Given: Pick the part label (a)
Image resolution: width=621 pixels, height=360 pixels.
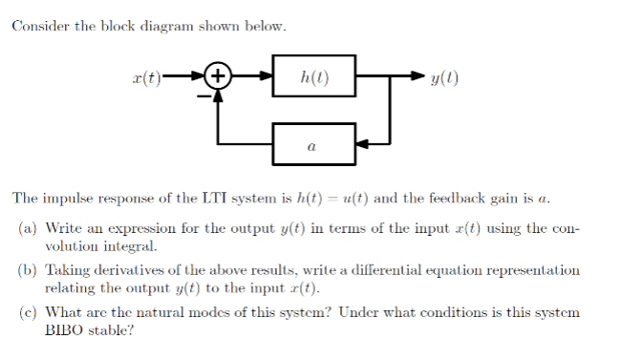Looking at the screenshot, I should click(29, 229).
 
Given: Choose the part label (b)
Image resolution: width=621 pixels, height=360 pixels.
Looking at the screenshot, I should click(29, 270).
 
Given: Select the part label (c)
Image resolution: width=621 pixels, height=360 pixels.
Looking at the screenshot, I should click(29, 312).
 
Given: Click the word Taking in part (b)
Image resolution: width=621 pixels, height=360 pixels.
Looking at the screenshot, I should click(65, 270).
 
